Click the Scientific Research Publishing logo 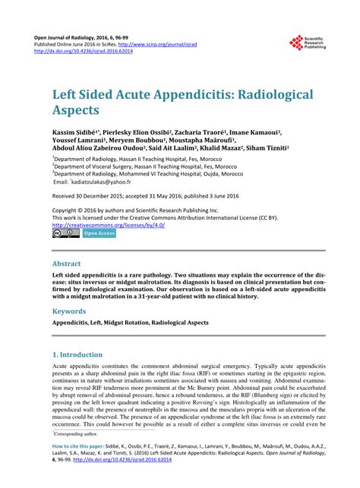coord(307,46)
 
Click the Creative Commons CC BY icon coord(61,233)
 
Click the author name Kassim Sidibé coord(80,132)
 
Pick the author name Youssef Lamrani coord(76,141)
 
